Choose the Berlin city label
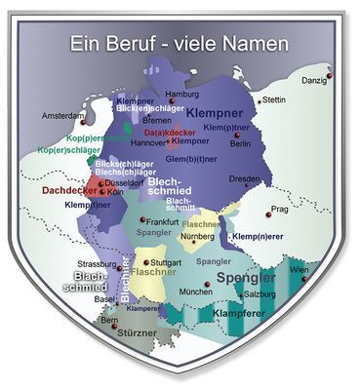click(x=240, y=143)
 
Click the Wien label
click(x=300, y=269)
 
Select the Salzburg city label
click(x=259, y=293)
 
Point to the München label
click(x=195, y=292)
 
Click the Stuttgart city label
click(x=167, y=262)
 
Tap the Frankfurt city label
click(x=164, y=222)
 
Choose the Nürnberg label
click(x=198, y=237)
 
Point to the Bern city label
click(x=109, y=319)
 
